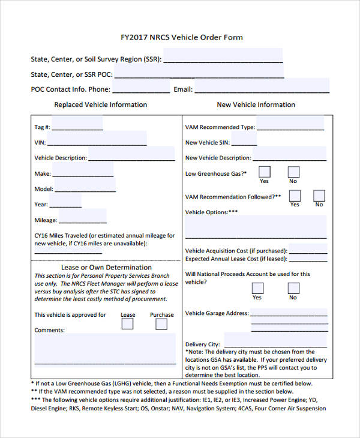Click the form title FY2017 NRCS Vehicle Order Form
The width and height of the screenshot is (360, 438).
[x=181, y=37]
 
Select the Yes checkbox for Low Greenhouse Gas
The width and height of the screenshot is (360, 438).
[x=265, y=172]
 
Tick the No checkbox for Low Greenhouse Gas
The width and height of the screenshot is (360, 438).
[x=293, y=172]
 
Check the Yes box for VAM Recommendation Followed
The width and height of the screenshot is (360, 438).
[x=295, y=196]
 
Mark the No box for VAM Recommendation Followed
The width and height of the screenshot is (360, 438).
[x=319, y=196]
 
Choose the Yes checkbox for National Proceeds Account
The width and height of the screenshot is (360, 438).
[x=257, y=288]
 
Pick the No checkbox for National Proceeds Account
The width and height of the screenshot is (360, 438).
[x=293, y=288]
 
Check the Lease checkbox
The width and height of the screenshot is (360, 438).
[x=128, y=324]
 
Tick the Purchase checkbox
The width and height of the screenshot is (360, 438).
[x=161, y=324]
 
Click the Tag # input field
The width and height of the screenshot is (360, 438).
[x=77, y=125]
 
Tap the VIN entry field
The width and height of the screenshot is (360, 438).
[x=96, y=142]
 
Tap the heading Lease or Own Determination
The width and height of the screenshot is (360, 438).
[x=106, y=267]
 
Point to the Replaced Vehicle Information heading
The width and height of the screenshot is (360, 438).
[x=100, y=104]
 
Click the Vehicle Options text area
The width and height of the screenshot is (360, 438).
[x=256, y=227]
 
